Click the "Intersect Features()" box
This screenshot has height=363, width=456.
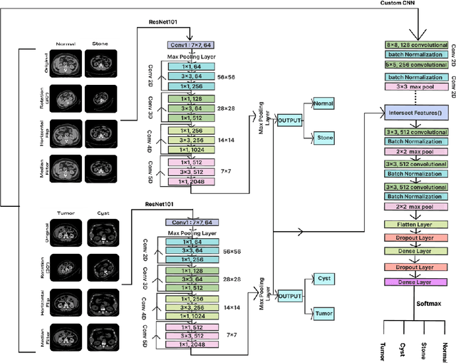414,113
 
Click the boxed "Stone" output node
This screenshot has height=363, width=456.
323,136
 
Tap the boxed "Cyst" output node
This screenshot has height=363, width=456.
323,279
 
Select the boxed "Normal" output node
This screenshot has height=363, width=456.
323,104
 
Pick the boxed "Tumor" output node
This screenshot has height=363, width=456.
323,312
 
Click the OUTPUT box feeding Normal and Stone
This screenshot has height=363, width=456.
290,120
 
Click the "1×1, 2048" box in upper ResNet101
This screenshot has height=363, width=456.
190,182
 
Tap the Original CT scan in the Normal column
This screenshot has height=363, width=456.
66,63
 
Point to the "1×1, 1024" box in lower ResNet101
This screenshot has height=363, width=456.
190,316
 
